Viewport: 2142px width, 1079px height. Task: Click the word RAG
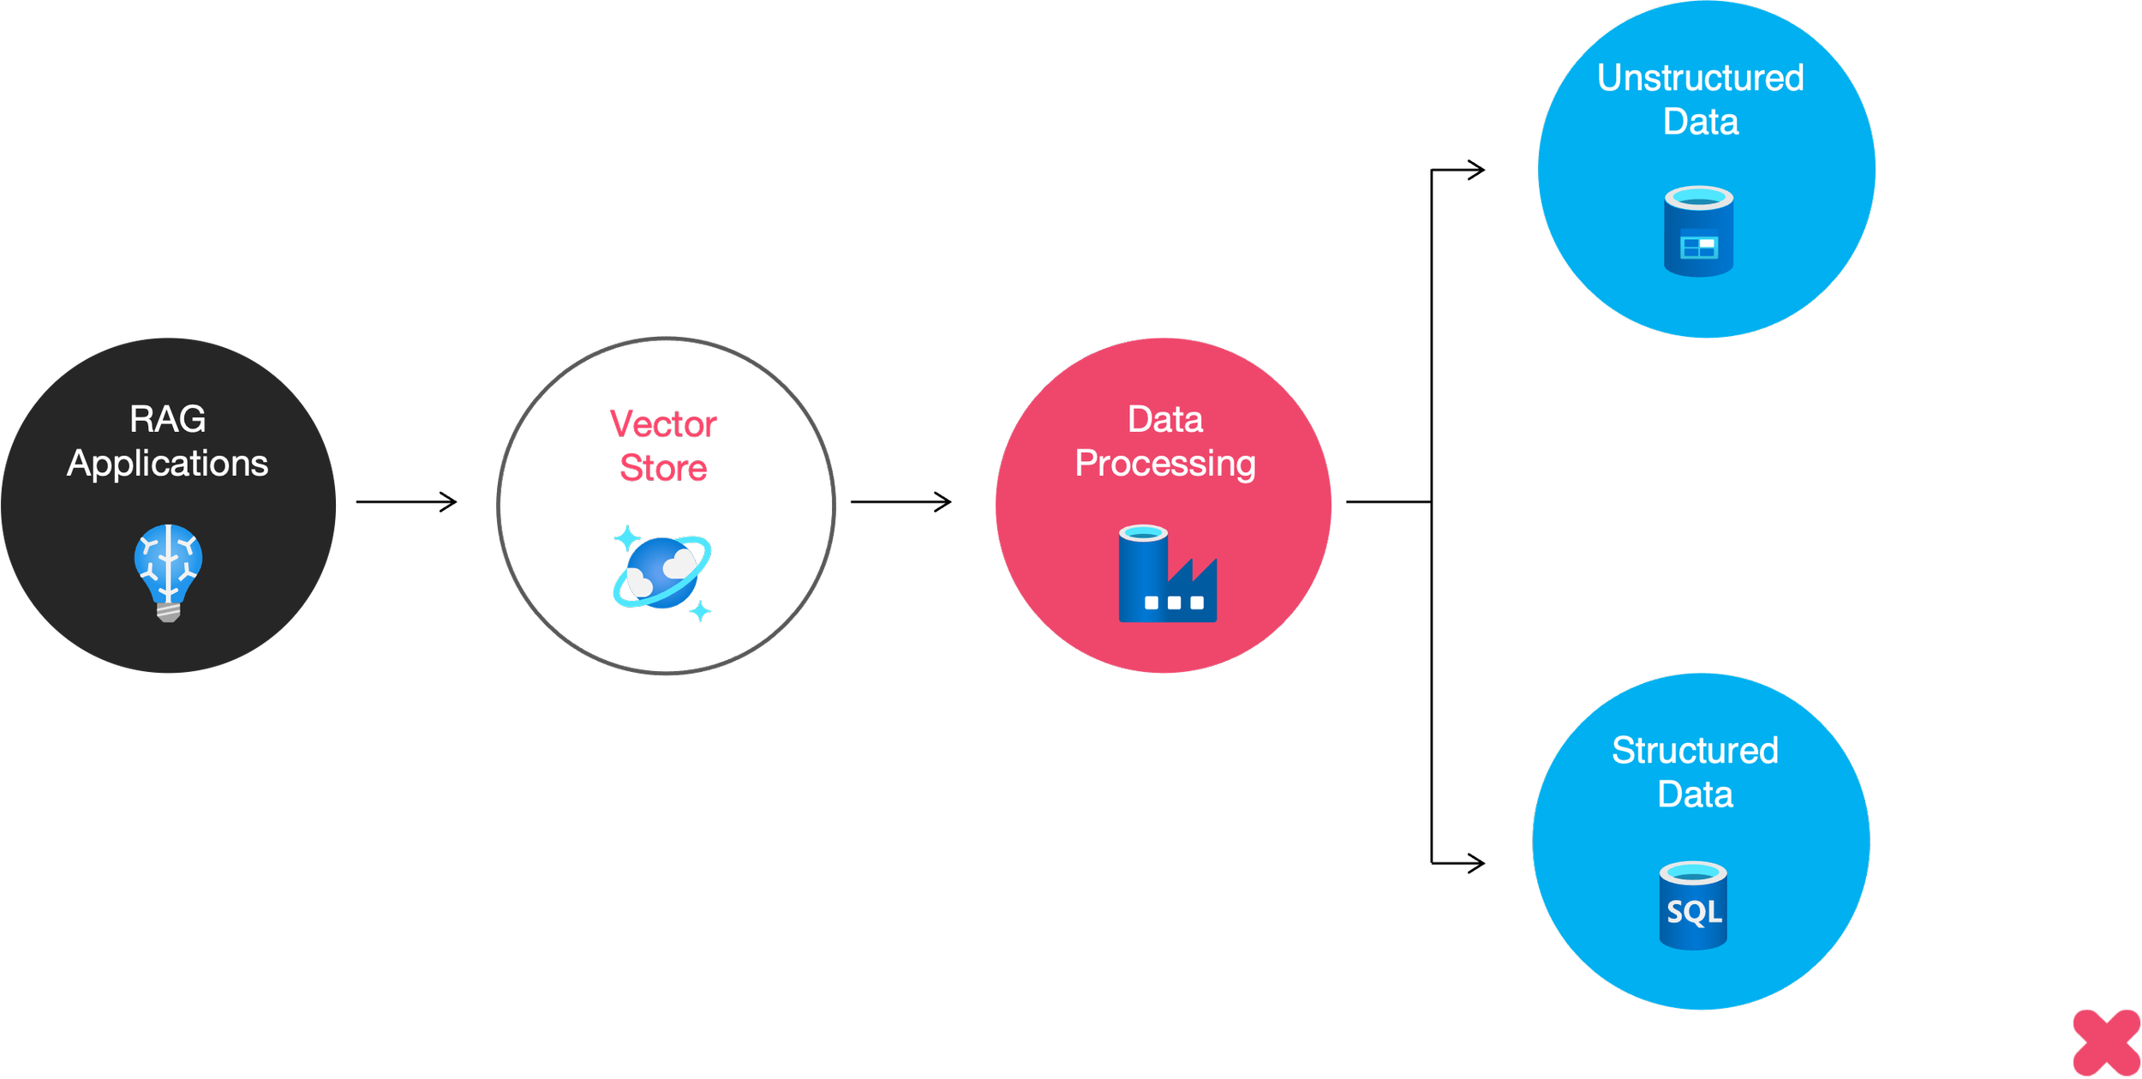(168, 420)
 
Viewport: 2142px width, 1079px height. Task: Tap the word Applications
(168, 464)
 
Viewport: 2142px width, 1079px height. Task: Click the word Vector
(663, 425)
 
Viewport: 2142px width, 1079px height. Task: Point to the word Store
(662, 468)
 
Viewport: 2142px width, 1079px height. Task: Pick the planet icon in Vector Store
(662, 572)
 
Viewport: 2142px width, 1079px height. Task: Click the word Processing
(1165, 464)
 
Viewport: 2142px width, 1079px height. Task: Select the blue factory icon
(1167, 573)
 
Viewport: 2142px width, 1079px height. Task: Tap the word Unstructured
(1701, 78)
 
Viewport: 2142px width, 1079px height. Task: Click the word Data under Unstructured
(1701, 122)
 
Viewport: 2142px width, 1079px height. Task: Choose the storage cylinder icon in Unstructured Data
(1698, 231)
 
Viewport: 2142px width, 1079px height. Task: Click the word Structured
(1695, 751)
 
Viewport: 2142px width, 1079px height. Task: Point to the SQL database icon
(1693, 906)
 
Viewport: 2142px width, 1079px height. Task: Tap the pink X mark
(2106, 1042)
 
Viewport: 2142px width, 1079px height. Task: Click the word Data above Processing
(1165, 420)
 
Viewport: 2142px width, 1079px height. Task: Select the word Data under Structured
(1695, 794)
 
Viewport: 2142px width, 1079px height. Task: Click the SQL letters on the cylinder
(1694, 912)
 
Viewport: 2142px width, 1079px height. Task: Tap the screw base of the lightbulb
(168, 611)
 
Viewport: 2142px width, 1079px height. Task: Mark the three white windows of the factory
(1174, 603)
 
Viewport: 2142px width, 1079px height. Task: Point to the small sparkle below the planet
(701, 612)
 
